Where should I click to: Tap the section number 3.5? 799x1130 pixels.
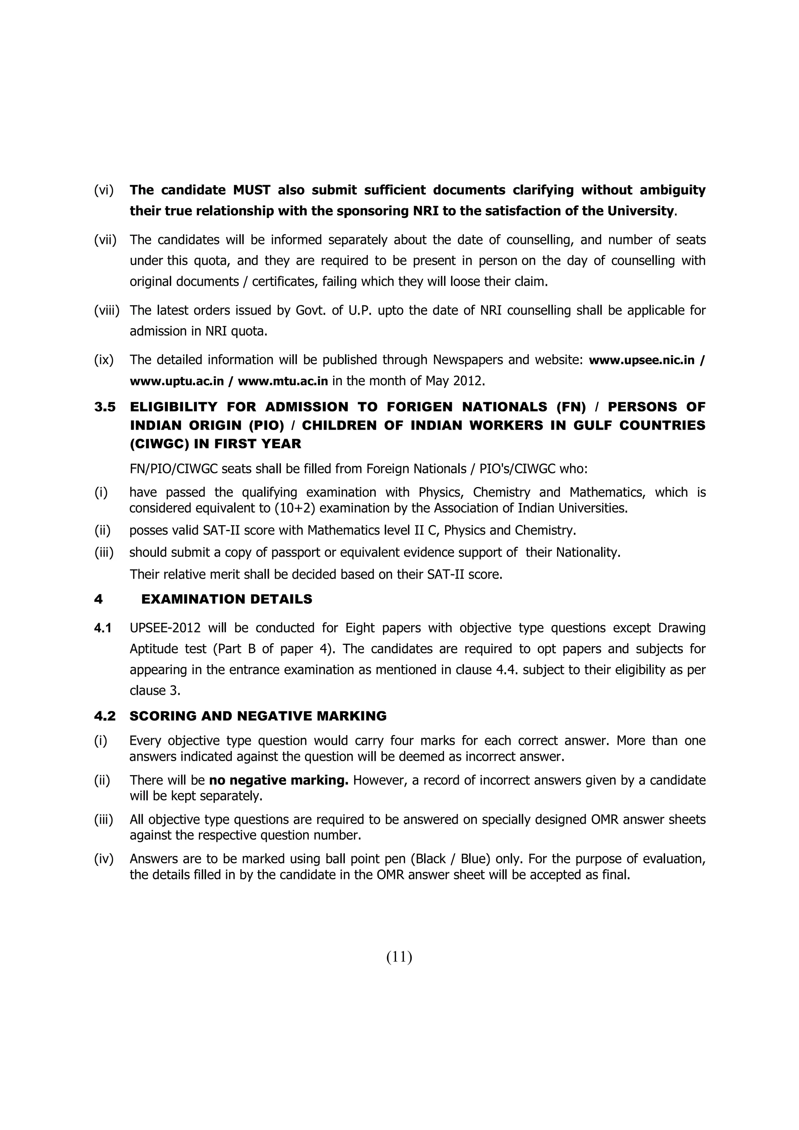[x=105, y=407]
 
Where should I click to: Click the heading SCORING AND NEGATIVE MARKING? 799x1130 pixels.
[x=258, y=716]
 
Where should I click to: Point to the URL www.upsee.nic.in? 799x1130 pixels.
[x=641, y=360]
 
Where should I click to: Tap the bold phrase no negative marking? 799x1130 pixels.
[x=279, y=780]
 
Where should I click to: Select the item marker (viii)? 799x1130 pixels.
[x=107, y=310]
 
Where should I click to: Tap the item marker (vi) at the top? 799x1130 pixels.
[x=103, y=190]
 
